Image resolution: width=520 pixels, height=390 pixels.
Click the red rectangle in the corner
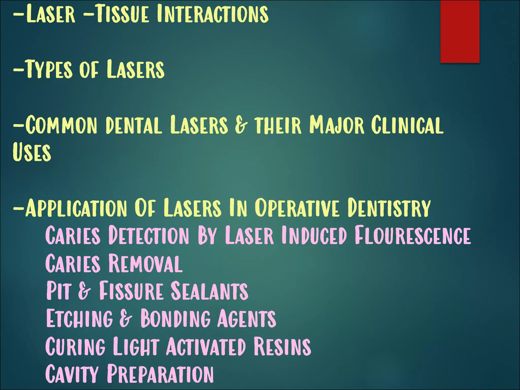[x=460, y=31]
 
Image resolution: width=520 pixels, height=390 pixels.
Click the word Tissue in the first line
[x=122, y=14]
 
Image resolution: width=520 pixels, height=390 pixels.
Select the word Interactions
[x=213, y=14]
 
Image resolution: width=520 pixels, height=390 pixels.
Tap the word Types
[x=50, y=69]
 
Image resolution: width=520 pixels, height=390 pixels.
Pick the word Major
[x=337, y=125]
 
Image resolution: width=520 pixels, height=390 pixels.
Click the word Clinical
[x=407, y=125]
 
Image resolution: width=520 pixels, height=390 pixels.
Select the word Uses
[x=32, y=152]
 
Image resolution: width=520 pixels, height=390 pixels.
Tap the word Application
[x=76, y=208]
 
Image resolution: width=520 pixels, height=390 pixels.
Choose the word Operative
[x=297, y=208]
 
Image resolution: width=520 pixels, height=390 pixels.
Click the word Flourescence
[x=413, y=236]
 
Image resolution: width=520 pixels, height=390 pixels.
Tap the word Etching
[x=79, y=318]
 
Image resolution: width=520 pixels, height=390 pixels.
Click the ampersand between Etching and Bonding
[x=126, y=318]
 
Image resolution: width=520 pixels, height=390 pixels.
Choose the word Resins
[x=282, y=346]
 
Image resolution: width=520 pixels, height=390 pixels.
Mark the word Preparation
[x=160, y=374]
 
